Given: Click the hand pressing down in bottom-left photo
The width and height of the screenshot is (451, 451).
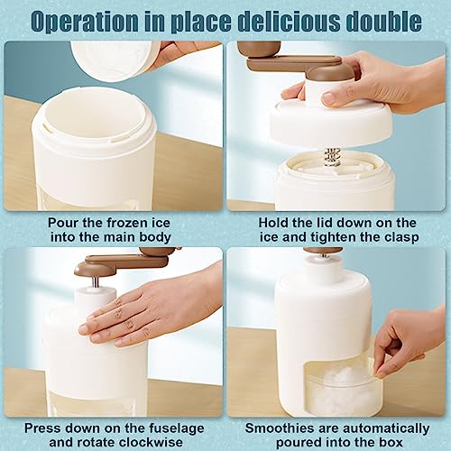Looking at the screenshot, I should tap(144, 307).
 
